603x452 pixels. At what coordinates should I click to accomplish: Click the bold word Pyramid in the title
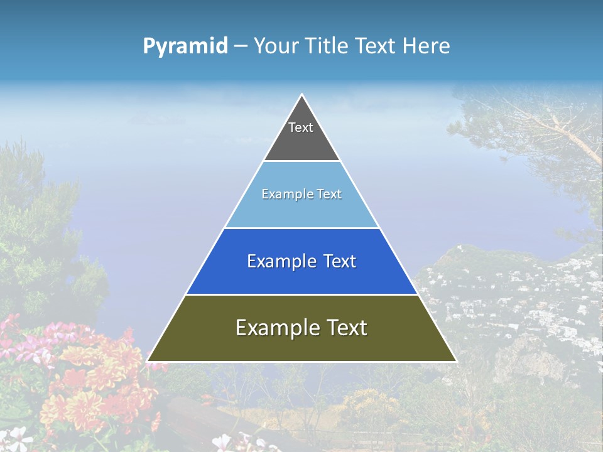pyautogui.click(x=185, y=46)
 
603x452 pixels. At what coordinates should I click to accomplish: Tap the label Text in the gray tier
pyautogui.click(x=301, y=127)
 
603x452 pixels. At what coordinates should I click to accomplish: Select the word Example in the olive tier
pyautogui.click(x=274, y=328)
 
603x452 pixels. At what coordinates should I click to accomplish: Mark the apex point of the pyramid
pyautogui.click(x=301, y=95)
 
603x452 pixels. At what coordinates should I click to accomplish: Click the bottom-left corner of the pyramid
pyautogui.click(x=148, y=361)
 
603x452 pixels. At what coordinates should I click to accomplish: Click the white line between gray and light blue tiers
pyautogui.click(x=301, y=161)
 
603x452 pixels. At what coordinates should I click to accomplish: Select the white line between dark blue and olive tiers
pyautogui.click(x=301, y=294)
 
